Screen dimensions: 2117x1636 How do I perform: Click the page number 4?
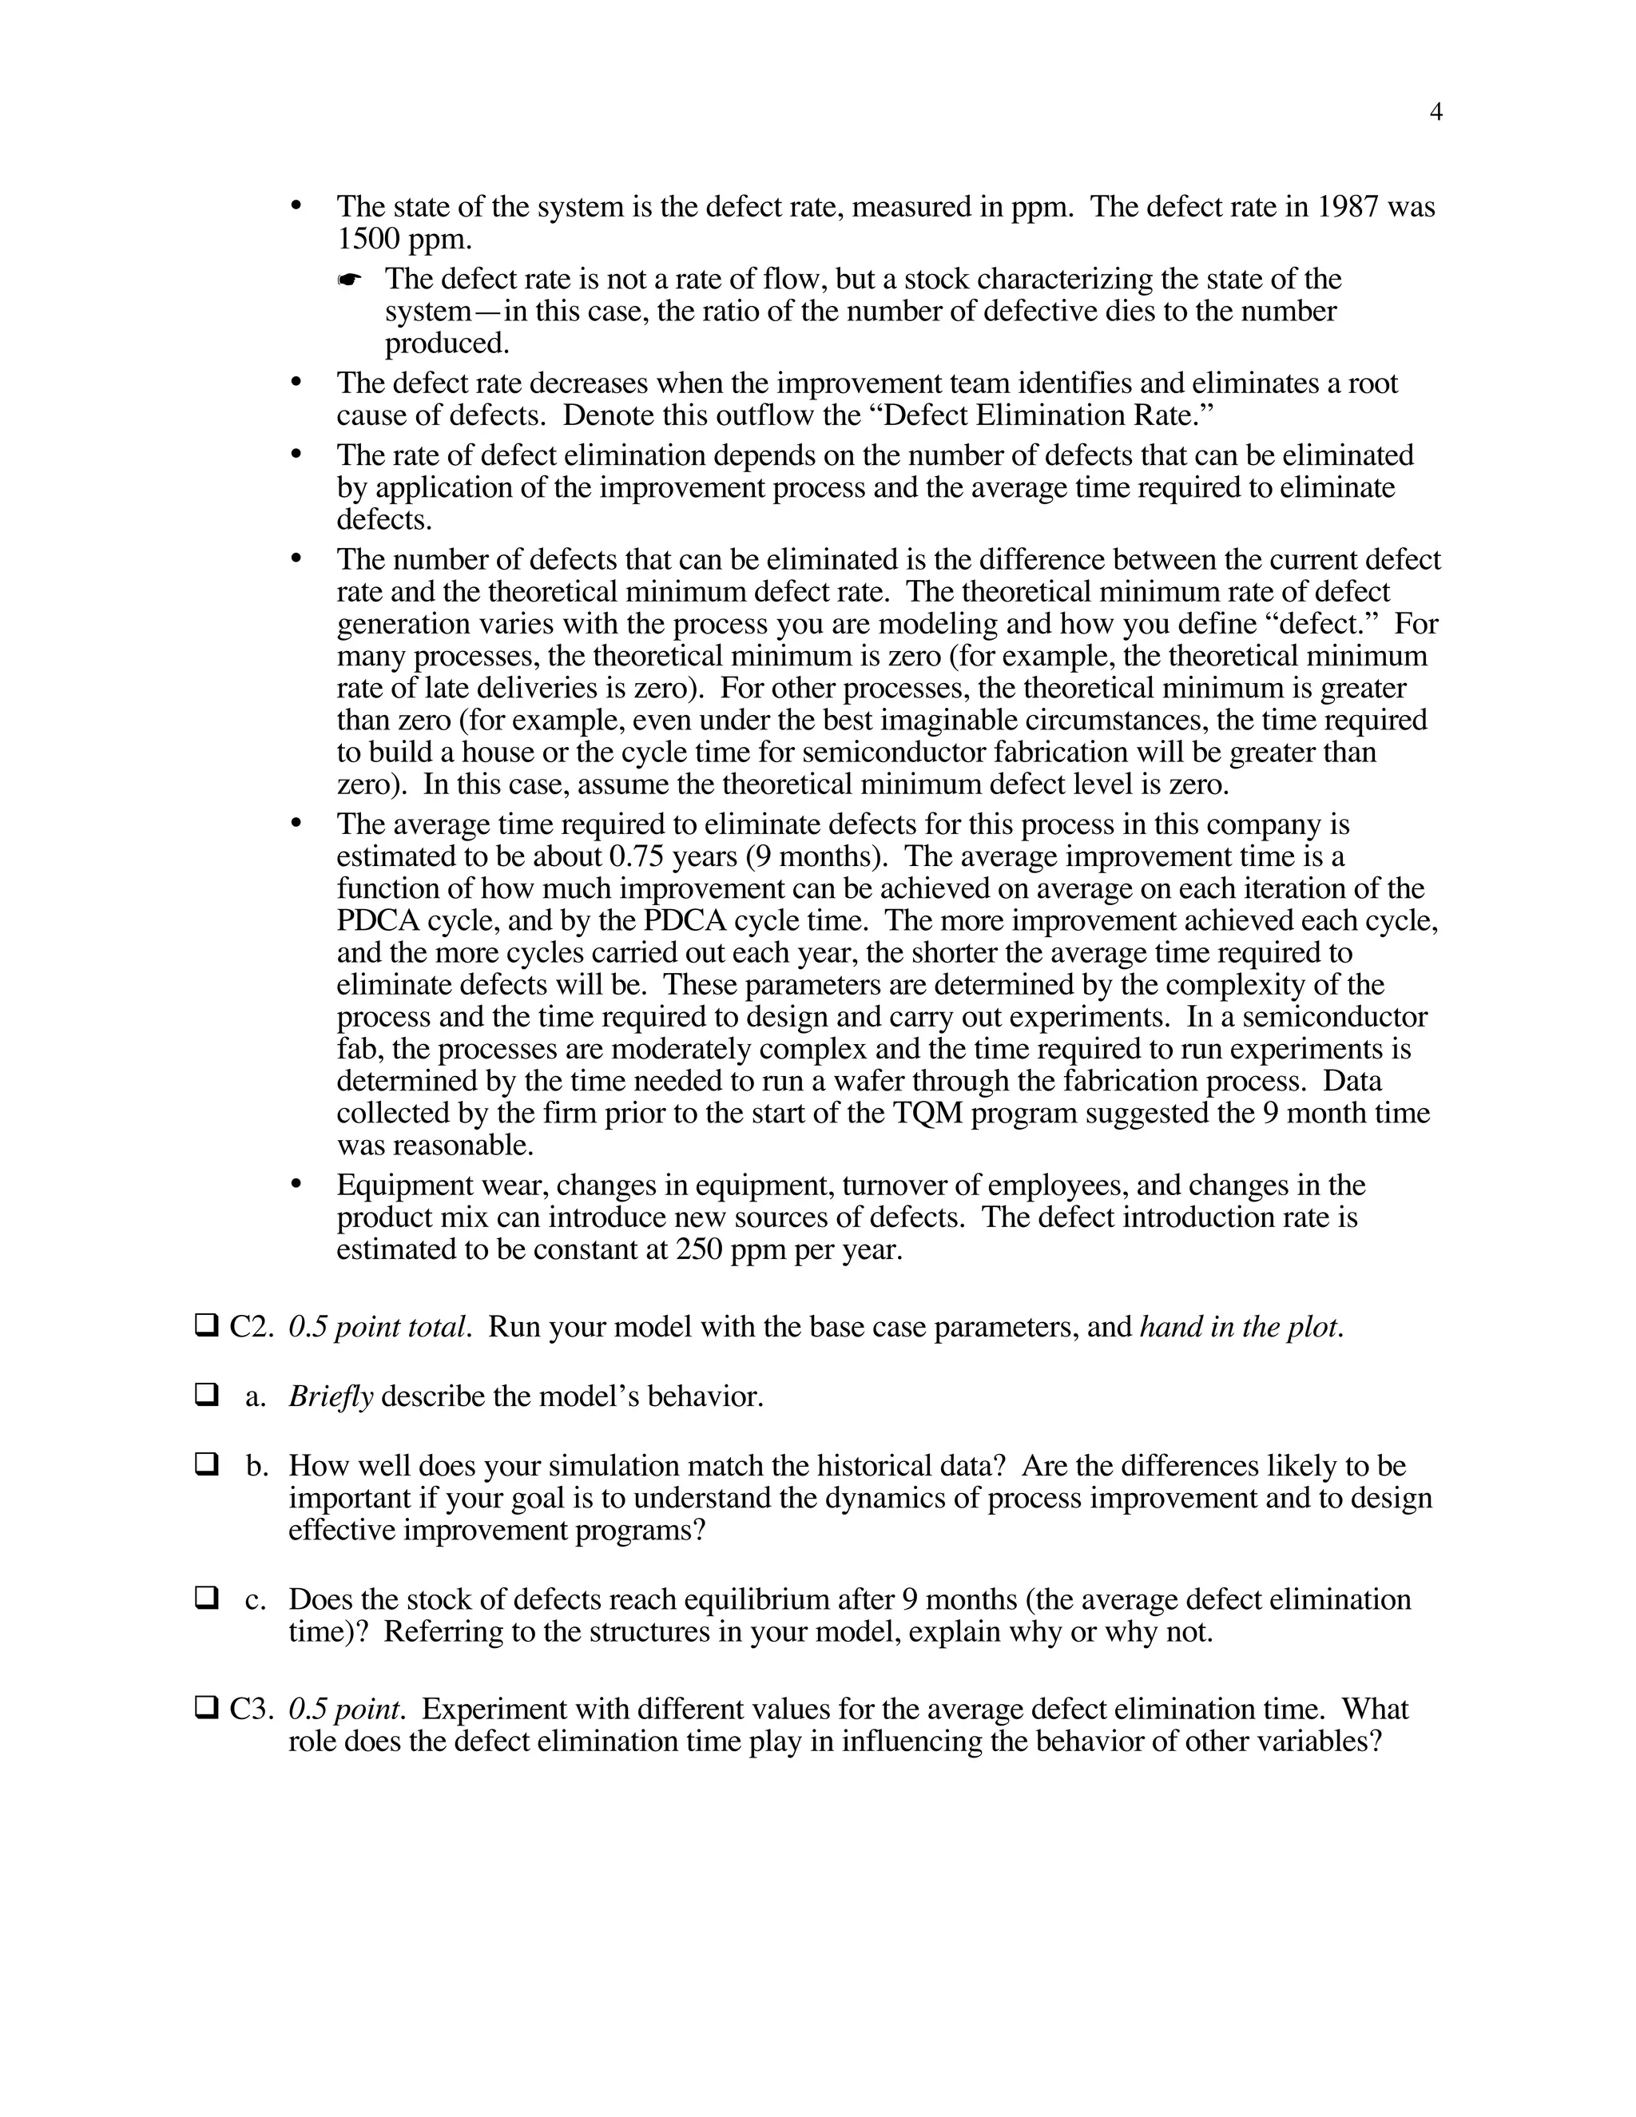tap(1435, 113)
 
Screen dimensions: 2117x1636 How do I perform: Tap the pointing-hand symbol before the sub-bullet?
tap(349, 281)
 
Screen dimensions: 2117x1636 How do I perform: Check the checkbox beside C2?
tap(206, 1325)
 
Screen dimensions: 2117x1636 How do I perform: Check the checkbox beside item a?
tap(206, 1395)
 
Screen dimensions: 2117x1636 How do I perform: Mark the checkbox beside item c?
tap(206, 1598)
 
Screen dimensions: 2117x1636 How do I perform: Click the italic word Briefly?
tap(331, 1396)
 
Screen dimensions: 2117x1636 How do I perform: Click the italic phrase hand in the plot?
tap(1241, 1327)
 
